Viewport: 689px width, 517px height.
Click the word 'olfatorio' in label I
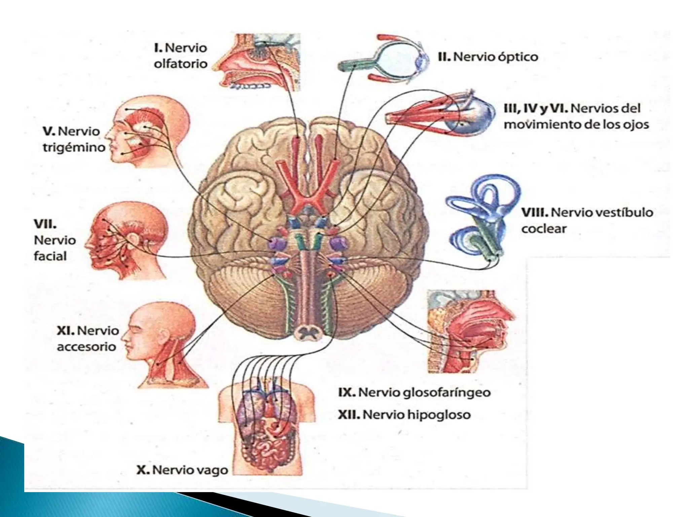tap(180, 64)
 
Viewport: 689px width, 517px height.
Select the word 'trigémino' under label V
tap(74, 147)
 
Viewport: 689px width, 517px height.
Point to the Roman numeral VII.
tap(45, 224)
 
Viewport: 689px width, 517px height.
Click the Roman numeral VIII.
tap(535, 212)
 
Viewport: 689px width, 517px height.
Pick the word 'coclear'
tap(544, 229)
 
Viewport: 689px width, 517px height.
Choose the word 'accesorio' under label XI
tap(86, 347)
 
